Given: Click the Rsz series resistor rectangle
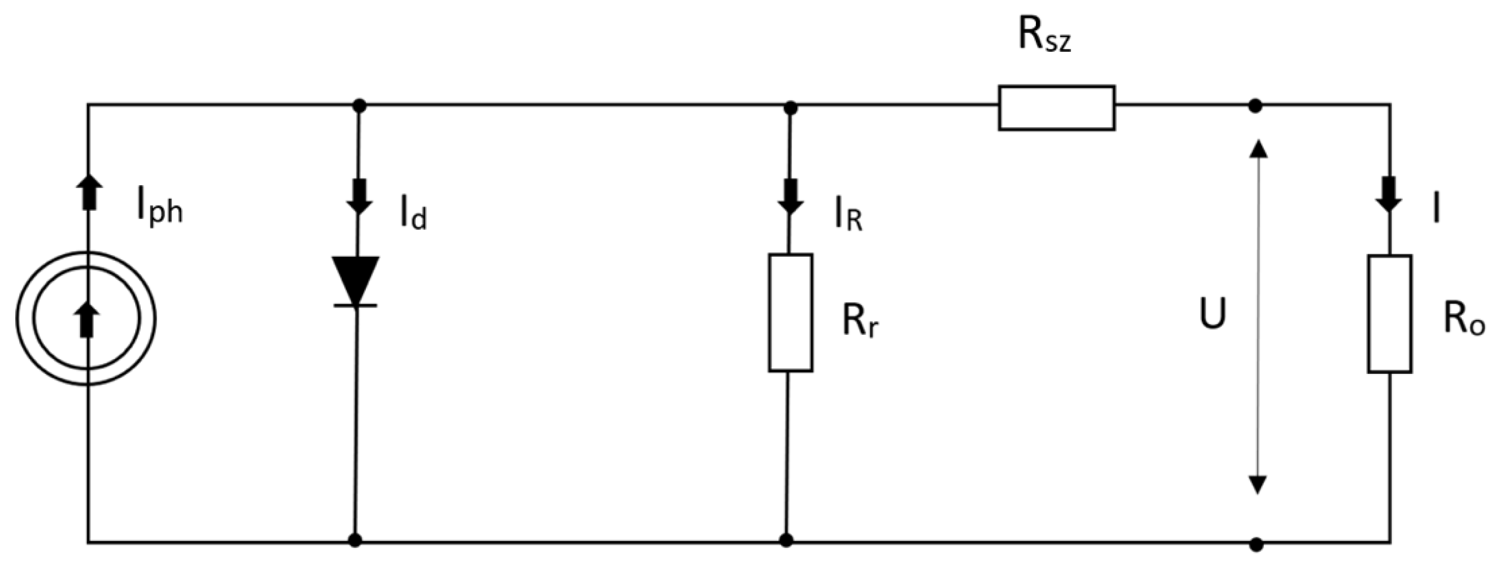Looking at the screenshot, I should click(x=1056, y=108).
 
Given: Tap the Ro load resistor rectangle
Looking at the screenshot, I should click(x=1389, y=314).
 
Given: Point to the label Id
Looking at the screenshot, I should click(x=413, y=217).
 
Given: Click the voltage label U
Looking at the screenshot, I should click(x=1213, y=315).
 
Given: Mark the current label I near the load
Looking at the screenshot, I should click(x=1436, y=210).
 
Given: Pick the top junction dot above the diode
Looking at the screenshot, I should click(x=359, y=106).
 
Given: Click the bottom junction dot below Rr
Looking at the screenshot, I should click(x=786, y=540).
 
